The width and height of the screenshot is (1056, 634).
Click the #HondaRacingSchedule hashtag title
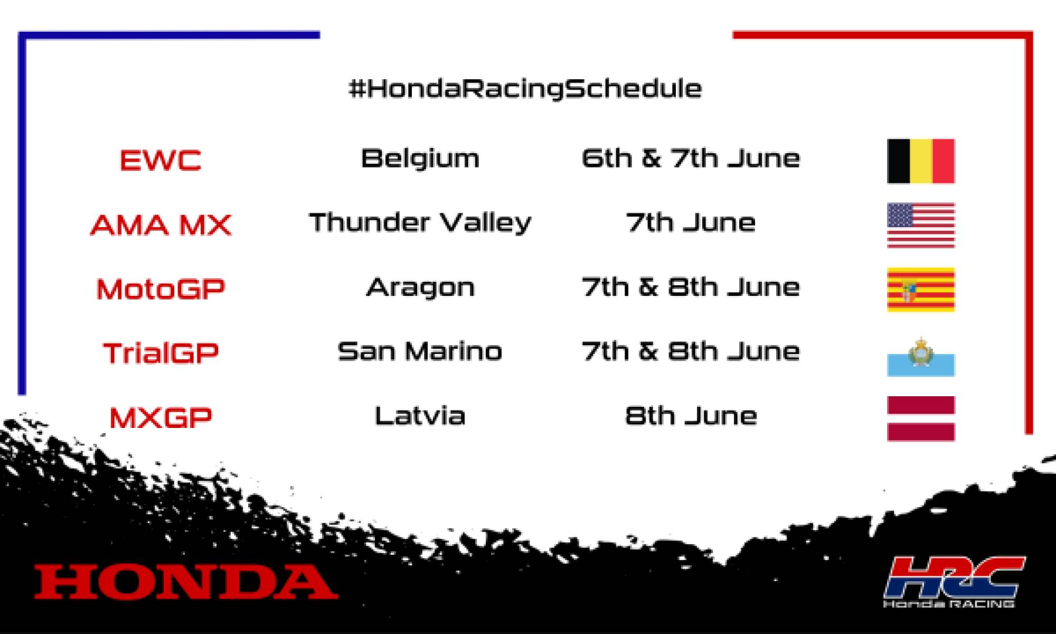(525, 89)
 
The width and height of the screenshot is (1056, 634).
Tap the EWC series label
(161, 160)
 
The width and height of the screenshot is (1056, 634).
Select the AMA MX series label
(161, 225)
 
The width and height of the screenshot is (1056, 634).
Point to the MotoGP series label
(161, 289)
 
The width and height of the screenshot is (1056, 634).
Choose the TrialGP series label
(161, 353)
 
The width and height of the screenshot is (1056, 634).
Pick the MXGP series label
(161, 417)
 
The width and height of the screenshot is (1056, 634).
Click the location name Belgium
(420, 158)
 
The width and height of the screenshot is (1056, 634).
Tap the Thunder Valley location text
(420, 223)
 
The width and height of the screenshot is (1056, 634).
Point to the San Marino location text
(420, 351)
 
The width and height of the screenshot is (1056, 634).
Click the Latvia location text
(420, 416)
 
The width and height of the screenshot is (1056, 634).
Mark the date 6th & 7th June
(691, 158)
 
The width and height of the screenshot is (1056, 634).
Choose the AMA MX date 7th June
(691, 223)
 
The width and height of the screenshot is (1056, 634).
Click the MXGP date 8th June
(691, 416)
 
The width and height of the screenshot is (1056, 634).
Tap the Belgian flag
(921, 161)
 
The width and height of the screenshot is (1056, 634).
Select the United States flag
(921, 225)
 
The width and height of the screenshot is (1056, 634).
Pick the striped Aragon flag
(921, 290)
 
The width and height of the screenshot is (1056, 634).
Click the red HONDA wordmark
(186, 582)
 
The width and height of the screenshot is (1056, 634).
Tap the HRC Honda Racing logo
(954, 581)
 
